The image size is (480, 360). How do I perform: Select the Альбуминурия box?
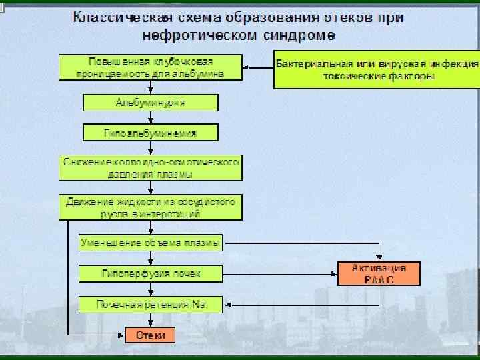click(150, 103)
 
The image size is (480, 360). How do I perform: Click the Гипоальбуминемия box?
click(150, 133)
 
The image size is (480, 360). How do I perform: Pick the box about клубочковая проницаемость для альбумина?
click(150, 67)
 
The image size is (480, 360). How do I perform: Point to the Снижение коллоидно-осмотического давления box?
click(150, 168)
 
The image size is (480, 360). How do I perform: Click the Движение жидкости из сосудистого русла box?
click(150, 207)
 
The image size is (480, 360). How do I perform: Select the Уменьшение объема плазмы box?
click(150, 243)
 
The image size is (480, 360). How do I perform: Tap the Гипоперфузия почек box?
click(150, 273)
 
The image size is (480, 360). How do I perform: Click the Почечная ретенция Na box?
click(150, 305)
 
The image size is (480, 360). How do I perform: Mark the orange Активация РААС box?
click(379, 273)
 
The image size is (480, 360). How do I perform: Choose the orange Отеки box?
click(150, 335)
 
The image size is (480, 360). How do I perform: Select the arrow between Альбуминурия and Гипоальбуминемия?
click(150, 117)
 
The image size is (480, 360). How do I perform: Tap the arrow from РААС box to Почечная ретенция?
click(300, 305)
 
